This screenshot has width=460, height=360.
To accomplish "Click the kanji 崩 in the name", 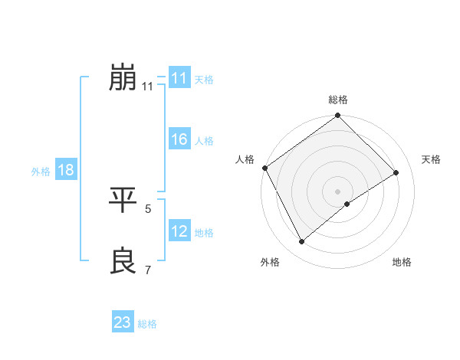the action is [123, 77].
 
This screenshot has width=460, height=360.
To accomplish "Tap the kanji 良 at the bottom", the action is [123, 261].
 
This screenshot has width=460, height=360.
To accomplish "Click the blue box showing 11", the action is [179, 78].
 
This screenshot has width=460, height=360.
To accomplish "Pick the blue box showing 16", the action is [179, 139].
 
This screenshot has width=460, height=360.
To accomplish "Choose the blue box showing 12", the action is [179, 231].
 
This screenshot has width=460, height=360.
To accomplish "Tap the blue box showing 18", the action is [65, 170].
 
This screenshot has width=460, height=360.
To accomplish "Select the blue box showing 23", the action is [122, 322].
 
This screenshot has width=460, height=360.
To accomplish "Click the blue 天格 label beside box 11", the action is [204, 80].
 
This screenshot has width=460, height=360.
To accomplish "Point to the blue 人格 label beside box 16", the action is [204, 141].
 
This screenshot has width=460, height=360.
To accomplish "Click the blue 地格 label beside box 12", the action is [204, 233].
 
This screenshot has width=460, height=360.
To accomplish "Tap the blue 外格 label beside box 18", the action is [41, 172].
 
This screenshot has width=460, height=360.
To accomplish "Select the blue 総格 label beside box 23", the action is [147, 324].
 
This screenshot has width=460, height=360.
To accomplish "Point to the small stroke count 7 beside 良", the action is [148, 270].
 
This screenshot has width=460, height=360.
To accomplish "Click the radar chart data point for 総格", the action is [338, 116].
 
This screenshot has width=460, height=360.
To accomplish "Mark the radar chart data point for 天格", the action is [396, 172].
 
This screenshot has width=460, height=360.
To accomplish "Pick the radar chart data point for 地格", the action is [347, 204].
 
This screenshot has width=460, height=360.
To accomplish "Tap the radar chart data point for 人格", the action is [264, 168].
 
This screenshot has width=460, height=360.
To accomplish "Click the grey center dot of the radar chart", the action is [338, 191].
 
